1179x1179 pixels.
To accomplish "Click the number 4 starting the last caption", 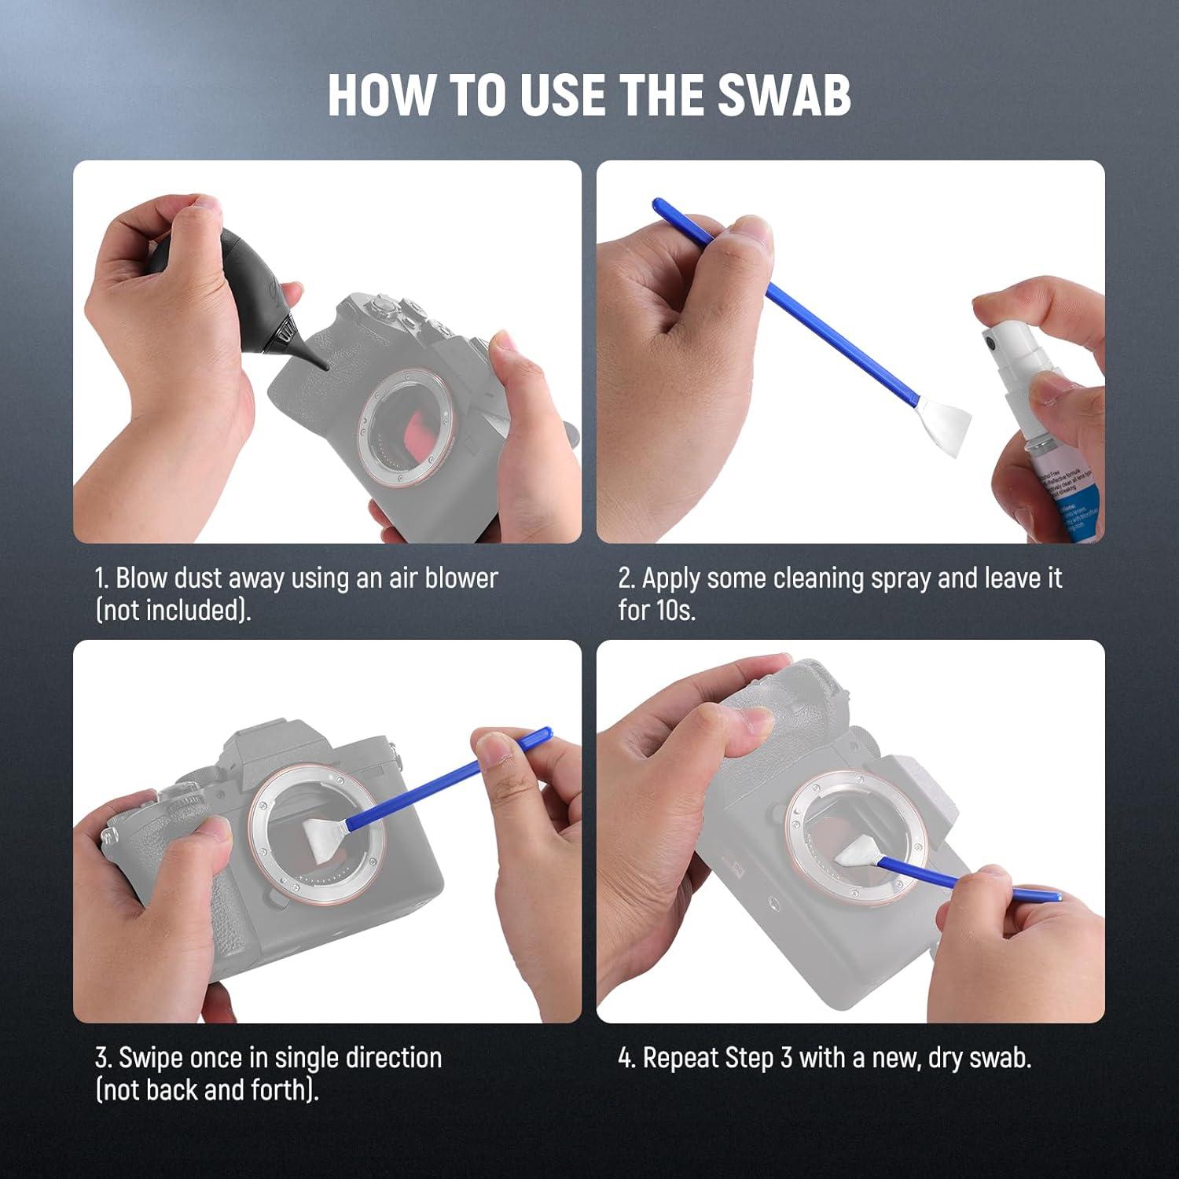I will click(626, 1058).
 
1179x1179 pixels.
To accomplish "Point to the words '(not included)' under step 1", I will click(173, 611).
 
